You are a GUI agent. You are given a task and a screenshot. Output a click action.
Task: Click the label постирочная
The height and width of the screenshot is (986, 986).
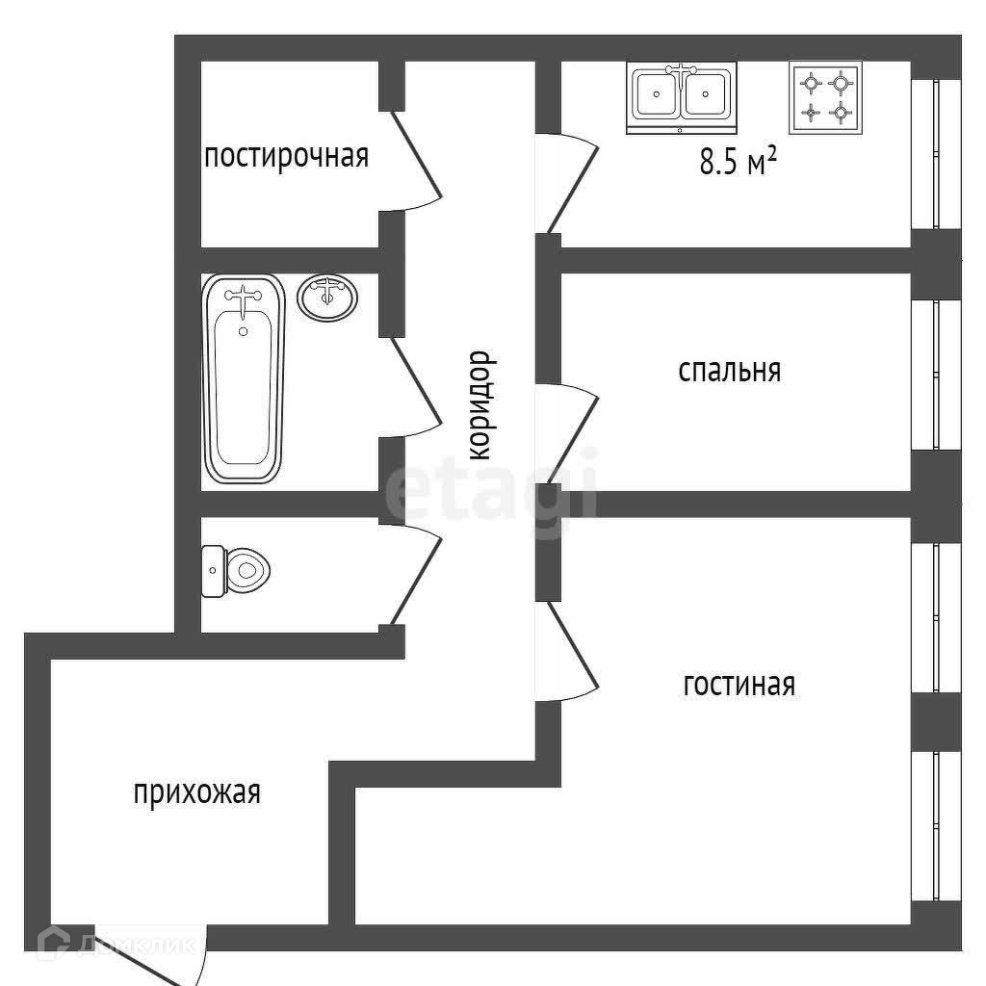pyautogui.click(x=286, y=156)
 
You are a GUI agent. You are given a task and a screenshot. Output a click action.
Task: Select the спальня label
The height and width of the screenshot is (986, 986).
pyautogui.click(x=729, y=371)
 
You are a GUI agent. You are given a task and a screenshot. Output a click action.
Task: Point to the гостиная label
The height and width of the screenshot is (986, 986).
pyautogui.click(x=739, y=685)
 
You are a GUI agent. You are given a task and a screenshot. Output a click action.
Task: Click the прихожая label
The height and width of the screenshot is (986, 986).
pyautogui.click(x=196, y=793)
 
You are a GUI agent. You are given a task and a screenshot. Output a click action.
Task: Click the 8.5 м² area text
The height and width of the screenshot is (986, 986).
pyautogui.click(x=737, y=162)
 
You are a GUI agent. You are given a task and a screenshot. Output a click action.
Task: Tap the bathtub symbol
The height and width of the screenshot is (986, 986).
pyautogui.click(x=244, y=377)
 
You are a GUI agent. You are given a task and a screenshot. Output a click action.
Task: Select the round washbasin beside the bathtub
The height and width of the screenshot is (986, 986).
pyautogui.click(x=327, y=297)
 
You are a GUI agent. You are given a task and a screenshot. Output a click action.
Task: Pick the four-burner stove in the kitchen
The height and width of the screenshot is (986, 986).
pyautogui.click(x=826, y=97)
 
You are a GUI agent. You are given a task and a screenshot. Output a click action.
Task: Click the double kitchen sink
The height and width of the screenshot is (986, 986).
pyautogui.click(x=682, y=96)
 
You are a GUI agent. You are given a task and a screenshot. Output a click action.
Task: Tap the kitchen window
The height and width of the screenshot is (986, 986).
pyautogui.click(x=936, y=154)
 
